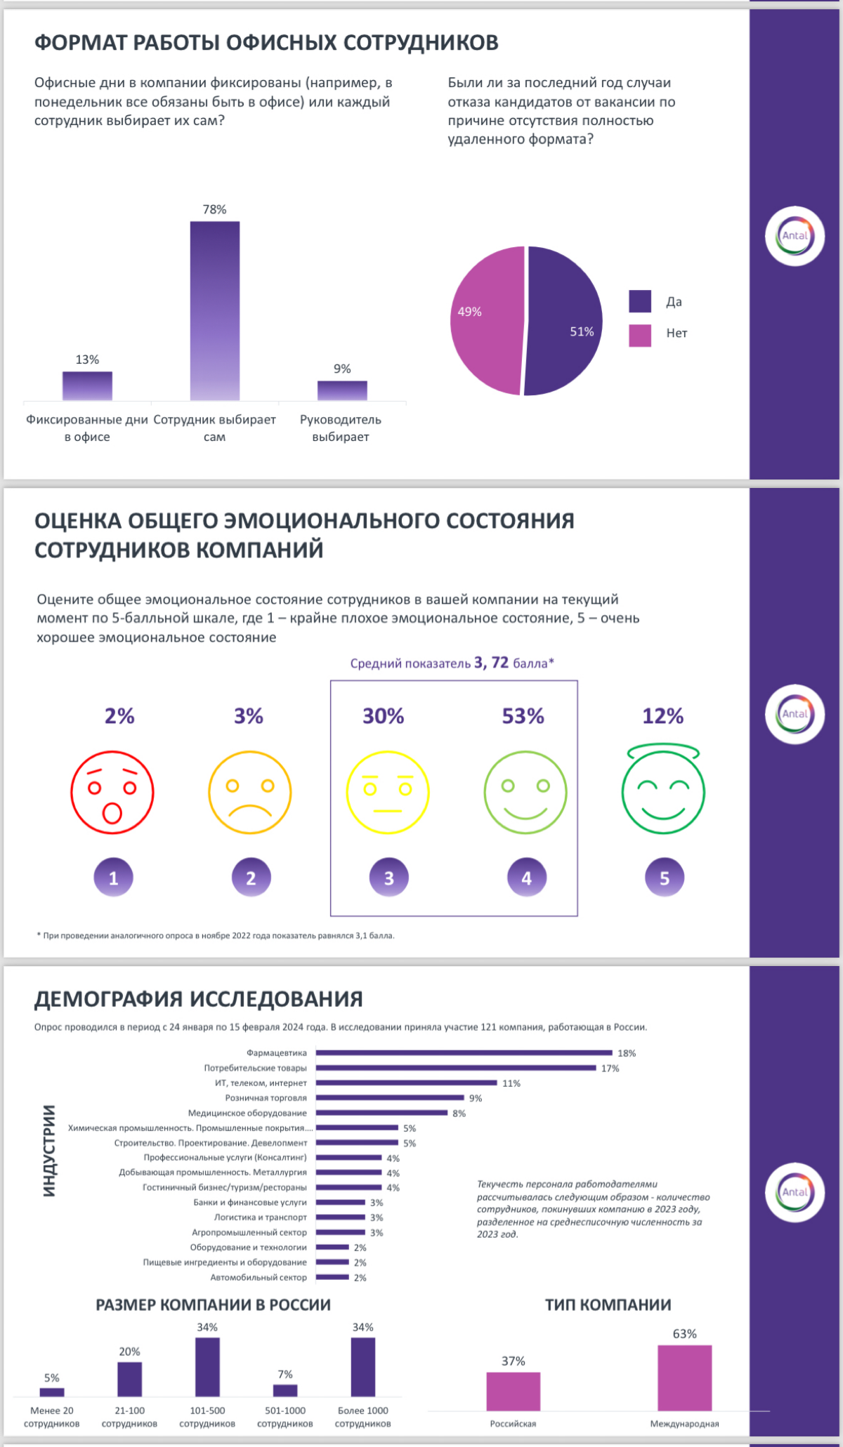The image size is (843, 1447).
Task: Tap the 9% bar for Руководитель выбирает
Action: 342,390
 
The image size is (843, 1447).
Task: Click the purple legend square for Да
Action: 640,301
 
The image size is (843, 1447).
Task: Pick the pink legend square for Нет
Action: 640,335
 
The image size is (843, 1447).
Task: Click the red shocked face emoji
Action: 112,792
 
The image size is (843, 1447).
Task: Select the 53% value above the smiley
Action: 523,716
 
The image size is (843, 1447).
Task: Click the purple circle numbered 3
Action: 388,878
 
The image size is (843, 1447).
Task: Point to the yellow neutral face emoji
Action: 388,792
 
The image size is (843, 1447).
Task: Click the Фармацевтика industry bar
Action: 464,1052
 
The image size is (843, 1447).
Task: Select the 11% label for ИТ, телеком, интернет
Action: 511,1083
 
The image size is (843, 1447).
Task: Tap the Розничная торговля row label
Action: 266,1097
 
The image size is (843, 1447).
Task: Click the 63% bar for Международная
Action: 684,1377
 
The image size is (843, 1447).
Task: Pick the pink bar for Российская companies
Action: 514,1391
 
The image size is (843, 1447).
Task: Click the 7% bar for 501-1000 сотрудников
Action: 285,1390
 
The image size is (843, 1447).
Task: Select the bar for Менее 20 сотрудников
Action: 52,1392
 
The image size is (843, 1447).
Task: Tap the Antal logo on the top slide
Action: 795,236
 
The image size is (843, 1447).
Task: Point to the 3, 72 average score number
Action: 491,662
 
